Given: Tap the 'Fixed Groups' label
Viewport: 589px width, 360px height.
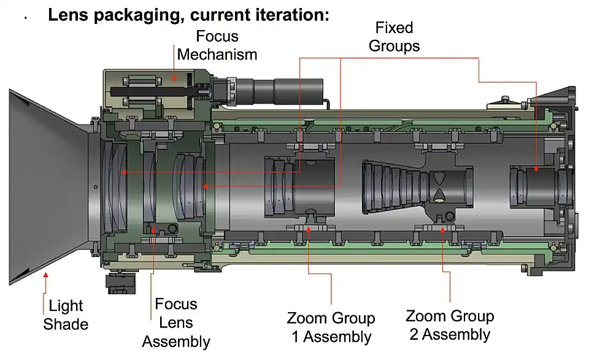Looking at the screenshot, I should click(394, 37).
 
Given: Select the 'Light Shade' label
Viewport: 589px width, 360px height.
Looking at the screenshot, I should click(66, 315).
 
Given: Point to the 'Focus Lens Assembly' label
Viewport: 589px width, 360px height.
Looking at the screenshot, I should click(176, 323).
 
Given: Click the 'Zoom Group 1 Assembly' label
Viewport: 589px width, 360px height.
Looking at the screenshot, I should click(331, 327).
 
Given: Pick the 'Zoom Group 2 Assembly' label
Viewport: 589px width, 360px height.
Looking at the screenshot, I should click(450, 325).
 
